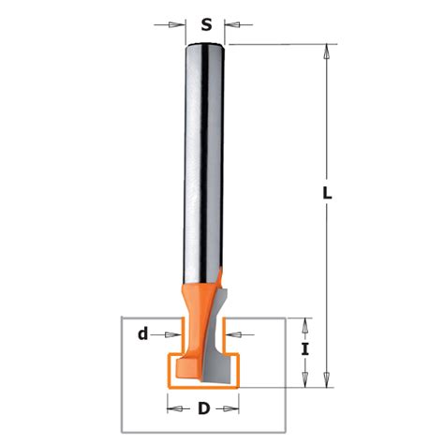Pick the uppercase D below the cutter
(204, 408)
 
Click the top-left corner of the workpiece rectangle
(119, 318)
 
